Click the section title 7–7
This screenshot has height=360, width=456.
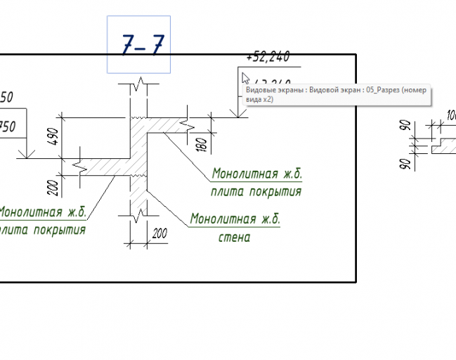point(142,45)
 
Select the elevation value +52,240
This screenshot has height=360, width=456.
point(268,57)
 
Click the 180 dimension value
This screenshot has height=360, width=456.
point(202,144)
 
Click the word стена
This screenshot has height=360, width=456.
point(234,237)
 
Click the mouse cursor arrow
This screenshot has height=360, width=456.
point(245,78)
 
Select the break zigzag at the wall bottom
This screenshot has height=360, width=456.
point(139,210)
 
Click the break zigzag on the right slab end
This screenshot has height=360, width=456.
point(188,124)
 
